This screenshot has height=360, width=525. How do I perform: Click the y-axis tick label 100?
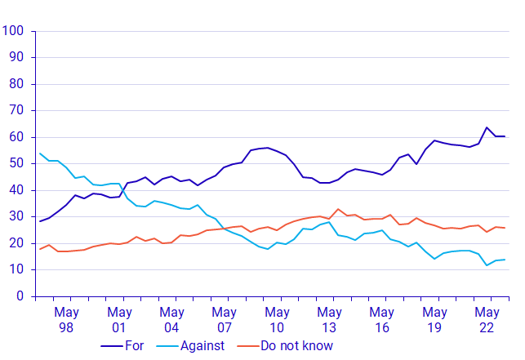click(14, 31)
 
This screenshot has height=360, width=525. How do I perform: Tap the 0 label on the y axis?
click(20, 296)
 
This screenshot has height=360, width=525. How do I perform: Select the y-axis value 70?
click(17, 111)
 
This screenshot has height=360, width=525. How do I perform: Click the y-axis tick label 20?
click(17, 243)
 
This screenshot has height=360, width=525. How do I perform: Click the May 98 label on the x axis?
click(66, 319)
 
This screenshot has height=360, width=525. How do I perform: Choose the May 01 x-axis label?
click(119, 319)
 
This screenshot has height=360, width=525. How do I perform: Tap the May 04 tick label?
click(171, 319)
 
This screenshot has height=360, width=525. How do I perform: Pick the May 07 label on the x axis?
click(224, 319)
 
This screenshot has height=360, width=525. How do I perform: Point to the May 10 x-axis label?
click(277, 319)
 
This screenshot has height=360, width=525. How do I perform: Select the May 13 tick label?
click(329, 319)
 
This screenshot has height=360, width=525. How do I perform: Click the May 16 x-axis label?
click(381, 319)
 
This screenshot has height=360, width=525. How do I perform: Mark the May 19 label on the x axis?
click(434, 319)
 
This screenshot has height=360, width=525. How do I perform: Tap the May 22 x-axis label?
click(487, 319)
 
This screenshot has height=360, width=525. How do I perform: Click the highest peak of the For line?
click(487, 127)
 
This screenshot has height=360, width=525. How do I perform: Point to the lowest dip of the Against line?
click(487, 265)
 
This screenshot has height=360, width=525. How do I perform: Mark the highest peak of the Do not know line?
click(338, 209)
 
